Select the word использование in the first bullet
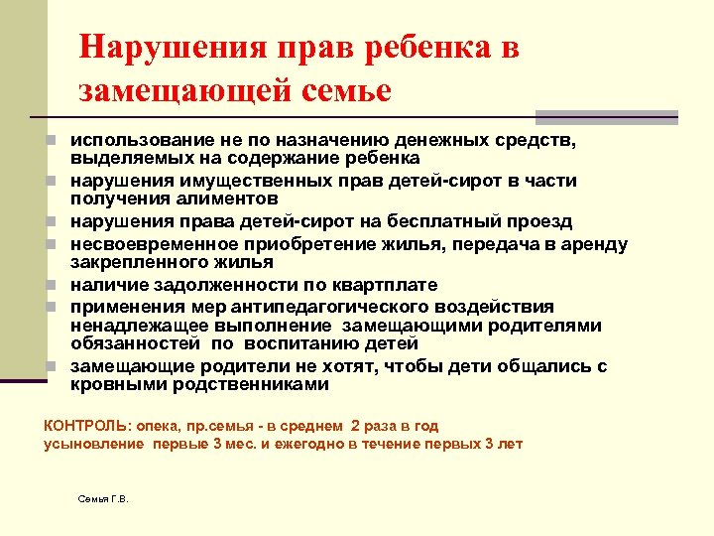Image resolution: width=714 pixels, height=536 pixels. [x=135, y=141]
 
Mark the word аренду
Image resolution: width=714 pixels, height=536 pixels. [x=591, y=244]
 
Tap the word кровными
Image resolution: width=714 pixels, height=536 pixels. [x=113, y=384]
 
